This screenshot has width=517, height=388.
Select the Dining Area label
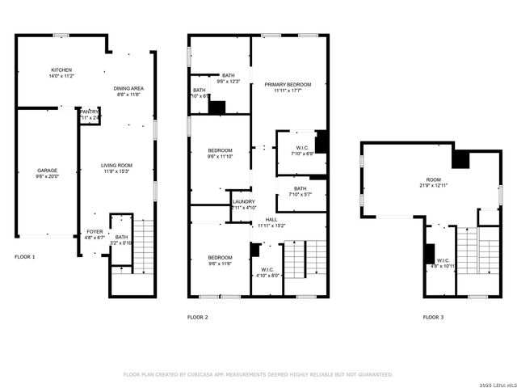coord(128,91)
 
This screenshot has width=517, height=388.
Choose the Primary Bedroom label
coord(292,87)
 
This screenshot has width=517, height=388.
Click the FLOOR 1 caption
coord(25,257)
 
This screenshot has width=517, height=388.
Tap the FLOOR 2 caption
coord(198,317)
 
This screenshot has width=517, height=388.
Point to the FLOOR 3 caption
coord(433,317)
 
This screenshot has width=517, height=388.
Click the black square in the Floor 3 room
coord(460,159)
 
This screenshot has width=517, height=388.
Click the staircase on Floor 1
coord(143,242)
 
